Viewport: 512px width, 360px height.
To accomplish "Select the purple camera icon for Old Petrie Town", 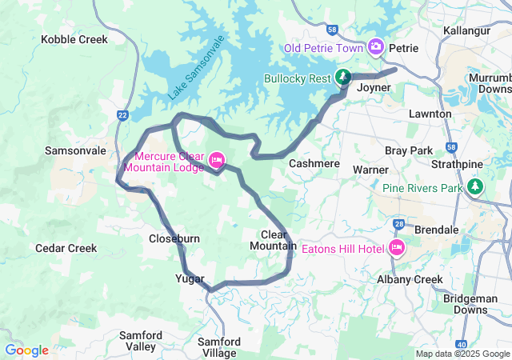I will [x=376, y=48].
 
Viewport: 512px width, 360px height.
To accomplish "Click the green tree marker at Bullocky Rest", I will [x=342, y=77].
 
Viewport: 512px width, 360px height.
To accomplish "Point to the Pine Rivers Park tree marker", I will [x=476, y=187].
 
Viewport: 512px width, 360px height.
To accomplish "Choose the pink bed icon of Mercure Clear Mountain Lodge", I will [x=216, y=161].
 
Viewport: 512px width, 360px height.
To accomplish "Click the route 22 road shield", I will [x=122, y=115].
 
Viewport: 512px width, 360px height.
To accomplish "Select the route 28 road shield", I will [x=398, y=224].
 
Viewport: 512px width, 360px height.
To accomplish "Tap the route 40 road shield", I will [x=462, y=344].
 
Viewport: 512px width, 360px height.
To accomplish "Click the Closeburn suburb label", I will [x=174, y=238].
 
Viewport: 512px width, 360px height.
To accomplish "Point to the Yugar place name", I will [x=190, y=278].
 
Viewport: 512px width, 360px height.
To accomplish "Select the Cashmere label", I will [x=314, y=163].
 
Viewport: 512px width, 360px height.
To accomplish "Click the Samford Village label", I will [x=218, y=347].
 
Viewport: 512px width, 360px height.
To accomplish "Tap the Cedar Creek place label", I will [x=66, y=249].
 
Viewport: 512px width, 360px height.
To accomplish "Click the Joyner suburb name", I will [x=374, y=87].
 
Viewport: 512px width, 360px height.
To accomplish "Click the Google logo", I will [x=26, y=350].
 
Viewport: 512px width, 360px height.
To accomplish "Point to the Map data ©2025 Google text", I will [x=462, y=354].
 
